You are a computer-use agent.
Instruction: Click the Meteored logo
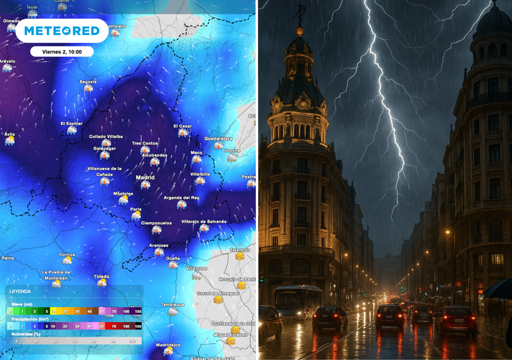click(62, 31)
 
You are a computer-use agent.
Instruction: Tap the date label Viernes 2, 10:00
click(62, 52)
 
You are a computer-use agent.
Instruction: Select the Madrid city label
click(145, 178)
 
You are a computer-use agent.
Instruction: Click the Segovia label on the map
click(88, 82)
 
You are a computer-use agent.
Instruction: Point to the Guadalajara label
click(218, 139)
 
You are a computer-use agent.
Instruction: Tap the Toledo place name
click(102, 276)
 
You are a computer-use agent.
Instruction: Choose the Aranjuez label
click(158, 245)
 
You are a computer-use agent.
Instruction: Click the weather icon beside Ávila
click(10, 140)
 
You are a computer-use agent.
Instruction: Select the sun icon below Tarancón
click(240, 256)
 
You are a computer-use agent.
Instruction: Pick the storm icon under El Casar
click(183, 133)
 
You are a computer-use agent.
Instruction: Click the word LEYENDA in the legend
click(20, 292)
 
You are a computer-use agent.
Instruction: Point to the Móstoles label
click(123, 194)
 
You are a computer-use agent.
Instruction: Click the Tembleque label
click(172, 305)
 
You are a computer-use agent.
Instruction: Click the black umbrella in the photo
click(499, 288)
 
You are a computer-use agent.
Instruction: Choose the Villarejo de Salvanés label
click(204, 222)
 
